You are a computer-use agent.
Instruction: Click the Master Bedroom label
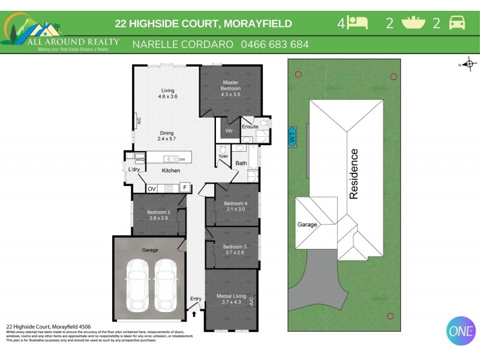pos(231,88)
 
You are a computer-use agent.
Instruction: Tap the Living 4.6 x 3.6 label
pos(167,94)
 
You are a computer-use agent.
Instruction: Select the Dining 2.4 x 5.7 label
pos(166,136)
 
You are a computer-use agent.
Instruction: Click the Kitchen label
pos(171,171)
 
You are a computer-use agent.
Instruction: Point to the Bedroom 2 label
pos(159,215)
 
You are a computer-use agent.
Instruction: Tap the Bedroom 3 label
pos(235,250)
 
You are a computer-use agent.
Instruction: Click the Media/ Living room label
pos(230,299)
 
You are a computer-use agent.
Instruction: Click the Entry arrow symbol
pos(195,312)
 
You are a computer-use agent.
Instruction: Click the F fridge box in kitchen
pos(185,187)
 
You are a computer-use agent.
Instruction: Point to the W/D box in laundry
pos(140,160)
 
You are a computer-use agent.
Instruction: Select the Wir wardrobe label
pos(229,131)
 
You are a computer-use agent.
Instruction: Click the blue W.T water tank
pos(292,135)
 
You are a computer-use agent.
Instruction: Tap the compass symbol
pos(469,64)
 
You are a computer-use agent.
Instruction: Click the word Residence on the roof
pos(354,174)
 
